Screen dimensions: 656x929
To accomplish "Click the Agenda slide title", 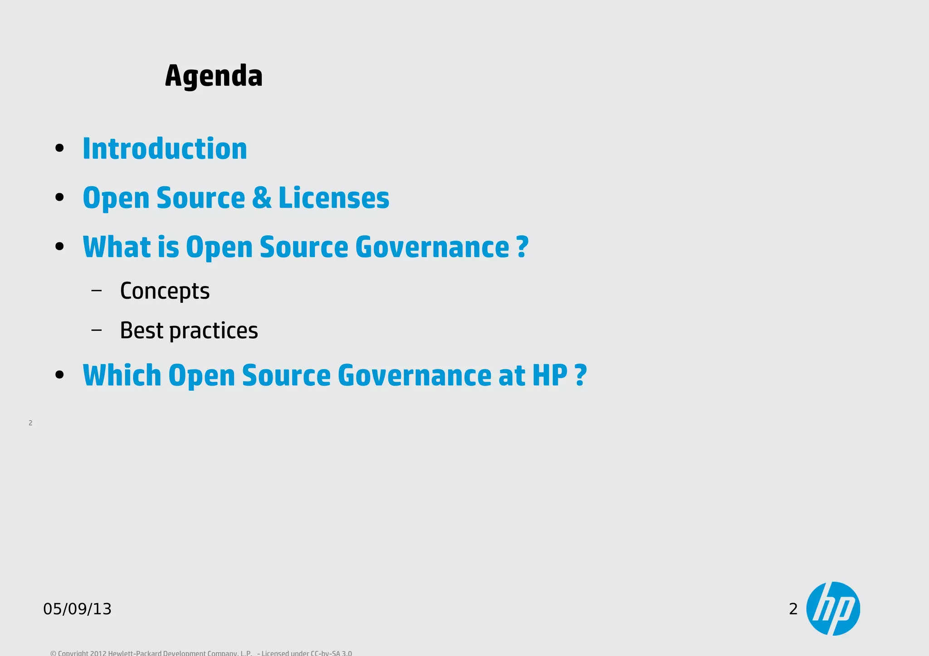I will pos(214,76).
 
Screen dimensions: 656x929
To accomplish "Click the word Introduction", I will pos(165,149).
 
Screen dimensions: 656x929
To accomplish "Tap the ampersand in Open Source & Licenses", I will pos(262,198).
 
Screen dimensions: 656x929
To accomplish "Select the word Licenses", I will pos(333,198).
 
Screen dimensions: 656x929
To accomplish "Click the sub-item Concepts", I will pos(165,291).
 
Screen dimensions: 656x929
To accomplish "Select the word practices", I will pos(214,330).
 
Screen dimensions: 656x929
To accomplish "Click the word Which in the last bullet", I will pos(122,375).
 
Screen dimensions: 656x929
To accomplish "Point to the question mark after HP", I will pos(581,375).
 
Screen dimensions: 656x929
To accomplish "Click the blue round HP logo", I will pos(833,608).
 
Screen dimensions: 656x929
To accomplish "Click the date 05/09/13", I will pos(77,609).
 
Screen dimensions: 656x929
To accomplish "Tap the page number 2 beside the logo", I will pos(793,609).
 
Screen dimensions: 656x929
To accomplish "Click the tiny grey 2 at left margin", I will pos(30,423).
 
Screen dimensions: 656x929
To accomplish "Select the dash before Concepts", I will pos(96,290).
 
